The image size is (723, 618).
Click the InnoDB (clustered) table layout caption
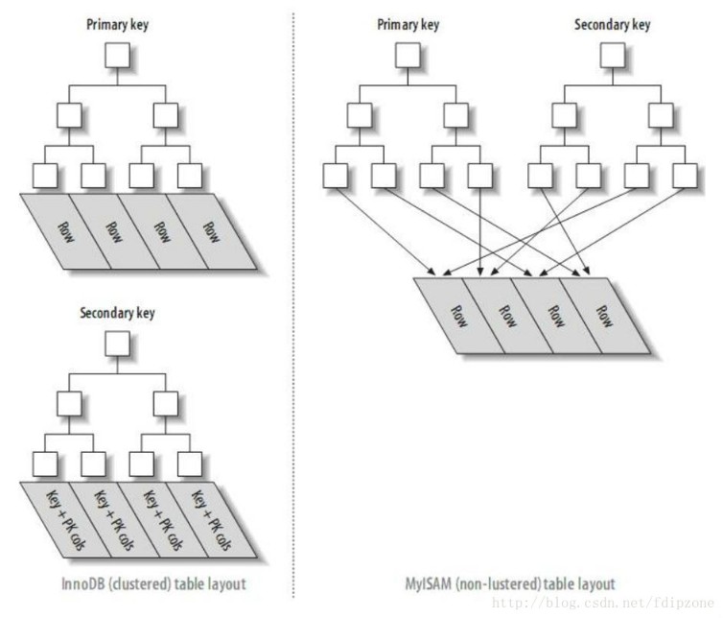coord(153,583)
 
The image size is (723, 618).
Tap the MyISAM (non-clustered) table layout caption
coord(510,583)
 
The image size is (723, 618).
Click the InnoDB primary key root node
coord(117,56)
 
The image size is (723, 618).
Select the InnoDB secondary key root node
coord(117,344)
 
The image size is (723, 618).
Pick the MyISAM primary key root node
coord(408,56)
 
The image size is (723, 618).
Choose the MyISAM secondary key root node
coord(613,56)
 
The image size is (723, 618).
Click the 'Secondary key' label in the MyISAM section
coord(613,24)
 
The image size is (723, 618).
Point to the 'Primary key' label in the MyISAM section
coord(408,24)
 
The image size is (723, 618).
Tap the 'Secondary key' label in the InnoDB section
coord(117,313)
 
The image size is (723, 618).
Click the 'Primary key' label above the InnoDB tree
coord(117,24)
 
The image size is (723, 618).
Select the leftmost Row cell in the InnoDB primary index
coord(66,231)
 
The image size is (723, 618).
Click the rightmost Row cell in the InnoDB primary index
coord(211,231)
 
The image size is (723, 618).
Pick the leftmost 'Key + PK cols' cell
coord(66,520)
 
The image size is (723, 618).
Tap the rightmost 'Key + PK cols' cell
coord(211,520)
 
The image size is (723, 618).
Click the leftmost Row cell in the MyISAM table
coord(459,316)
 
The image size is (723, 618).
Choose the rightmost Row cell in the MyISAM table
coord(604,316)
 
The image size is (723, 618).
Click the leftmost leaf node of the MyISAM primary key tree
coord(336,176)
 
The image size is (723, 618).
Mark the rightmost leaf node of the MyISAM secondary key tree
coord(685,176)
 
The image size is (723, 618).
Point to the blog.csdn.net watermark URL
coord(603,603)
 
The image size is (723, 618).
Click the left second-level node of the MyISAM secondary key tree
coord(564,115)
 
